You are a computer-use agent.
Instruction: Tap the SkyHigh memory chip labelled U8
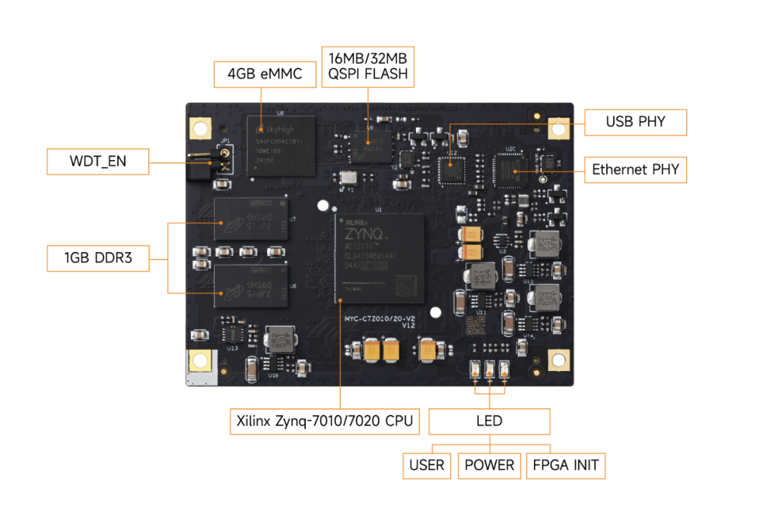281,146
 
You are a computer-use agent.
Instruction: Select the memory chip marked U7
252,219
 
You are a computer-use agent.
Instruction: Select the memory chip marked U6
252,286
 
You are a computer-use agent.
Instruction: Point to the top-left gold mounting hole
200,128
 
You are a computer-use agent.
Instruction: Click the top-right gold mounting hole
559,128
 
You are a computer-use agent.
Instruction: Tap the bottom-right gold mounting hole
559,361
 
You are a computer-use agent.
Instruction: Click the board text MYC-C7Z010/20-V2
379,319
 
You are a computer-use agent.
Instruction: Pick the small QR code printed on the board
475,325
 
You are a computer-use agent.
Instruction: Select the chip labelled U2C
509,171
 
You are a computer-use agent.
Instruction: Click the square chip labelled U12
449,171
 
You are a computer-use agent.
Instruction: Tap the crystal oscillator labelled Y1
348,179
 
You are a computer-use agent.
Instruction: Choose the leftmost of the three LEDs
476,369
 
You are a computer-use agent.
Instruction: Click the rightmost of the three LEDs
504,369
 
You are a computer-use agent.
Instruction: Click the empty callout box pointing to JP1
97,162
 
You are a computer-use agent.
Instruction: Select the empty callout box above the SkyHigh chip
265,74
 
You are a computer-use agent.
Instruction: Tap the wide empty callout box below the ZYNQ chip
324,422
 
